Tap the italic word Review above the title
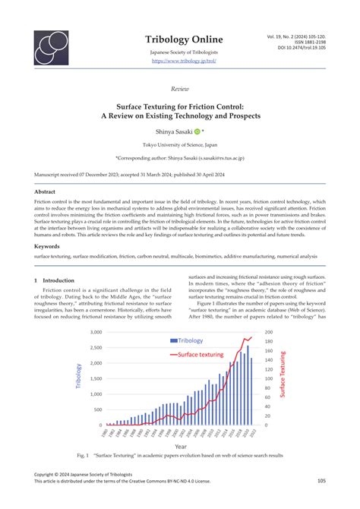tap(180, 88)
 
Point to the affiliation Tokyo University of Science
tap(180, 145)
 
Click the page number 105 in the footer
tap(321, 480)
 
